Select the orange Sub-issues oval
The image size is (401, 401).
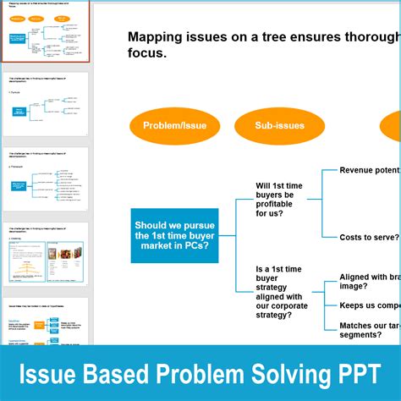279,126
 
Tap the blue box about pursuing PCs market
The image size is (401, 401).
174,235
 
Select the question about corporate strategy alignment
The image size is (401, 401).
282,292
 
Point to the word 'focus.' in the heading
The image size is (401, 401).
146,53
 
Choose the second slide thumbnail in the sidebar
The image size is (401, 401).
45,106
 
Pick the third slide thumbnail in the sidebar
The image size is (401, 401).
45,180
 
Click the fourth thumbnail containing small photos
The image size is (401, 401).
45,253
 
